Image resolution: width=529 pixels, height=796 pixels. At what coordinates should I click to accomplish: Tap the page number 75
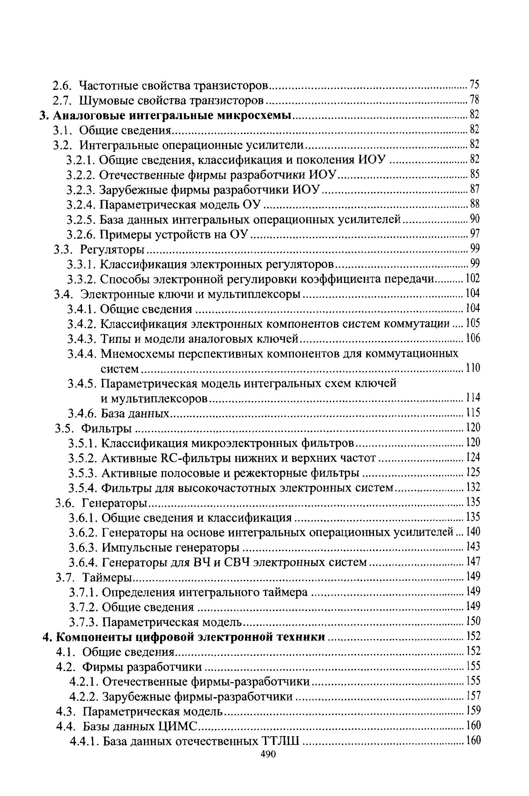pos(474,85)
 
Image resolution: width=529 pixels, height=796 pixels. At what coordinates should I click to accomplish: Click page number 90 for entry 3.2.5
pos(475,219)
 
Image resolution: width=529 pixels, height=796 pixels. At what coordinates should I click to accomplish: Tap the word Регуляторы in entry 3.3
pos(113,250)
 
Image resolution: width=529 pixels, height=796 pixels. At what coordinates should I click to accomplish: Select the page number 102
pos(472,278)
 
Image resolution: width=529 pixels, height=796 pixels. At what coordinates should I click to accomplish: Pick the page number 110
pos(473,368)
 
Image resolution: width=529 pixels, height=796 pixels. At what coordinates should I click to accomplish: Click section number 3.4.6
pos(82,413)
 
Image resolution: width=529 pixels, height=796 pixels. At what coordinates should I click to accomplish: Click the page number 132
pos(473,487)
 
